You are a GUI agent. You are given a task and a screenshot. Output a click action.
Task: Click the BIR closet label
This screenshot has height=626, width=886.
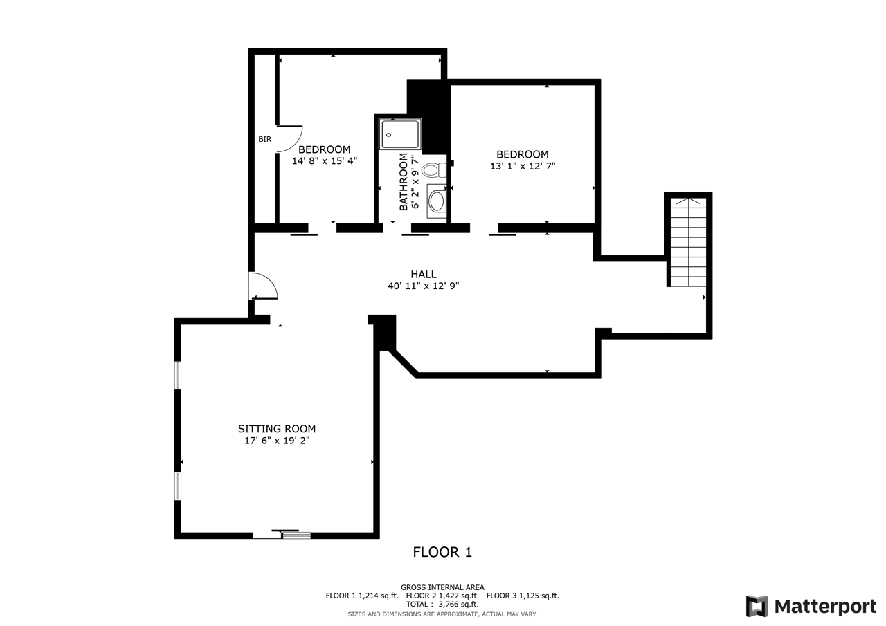(265, 139)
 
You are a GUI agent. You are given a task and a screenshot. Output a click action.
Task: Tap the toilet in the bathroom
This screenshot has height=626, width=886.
(434, 170)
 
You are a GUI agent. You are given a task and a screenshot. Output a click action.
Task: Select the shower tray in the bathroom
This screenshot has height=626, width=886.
(400, 134)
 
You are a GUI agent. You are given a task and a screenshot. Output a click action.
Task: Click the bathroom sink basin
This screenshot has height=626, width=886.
(437, 201)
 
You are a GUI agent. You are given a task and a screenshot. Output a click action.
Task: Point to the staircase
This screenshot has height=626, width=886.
(688, 242)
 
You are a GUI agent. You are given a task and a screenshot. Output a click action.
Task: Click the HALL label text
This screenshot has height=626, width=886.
(423, 275)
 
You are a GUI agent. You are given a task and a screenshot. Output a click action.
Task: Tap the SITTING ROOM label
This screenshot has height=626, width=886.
(277, 429)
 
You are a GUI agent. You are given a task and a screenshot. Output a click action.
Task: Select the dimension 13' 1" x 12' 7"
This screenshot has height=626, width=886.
(523, 166)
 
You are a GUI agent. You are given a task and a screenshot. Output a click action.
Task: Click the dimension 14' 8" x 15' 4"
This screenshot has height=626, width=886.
(325, 161)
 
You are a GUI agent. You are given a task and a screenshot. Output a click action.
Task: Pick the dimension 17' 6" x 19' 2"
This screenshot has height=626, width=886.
(277, 440)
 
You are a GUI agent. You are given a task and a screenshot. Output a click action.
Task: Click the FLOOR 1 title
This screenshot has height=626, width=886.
(442, 552)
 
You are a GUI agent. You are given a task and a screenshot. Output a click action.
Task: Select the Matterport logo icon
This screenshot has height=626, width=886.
(757, 606)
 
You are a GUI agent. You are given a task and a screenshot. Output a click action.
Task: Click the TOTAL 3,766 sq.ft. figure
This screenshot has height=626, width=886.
(442, 605)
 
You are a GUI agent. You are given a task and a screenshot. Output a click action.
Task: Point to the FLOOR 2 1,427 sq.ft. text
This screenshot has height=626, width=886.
(442, 596)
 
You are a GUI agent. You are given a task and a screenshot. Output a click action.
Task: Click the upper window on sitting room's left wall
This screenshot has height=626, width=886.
(178, 376)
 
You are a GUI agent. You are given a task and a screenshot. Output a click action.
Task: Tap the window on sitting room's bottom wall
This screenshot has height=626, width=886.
(296, 535)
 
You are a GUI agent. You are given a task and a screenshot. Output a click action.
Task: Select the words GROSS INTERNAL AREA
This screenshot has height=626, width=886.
(442, 587)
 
